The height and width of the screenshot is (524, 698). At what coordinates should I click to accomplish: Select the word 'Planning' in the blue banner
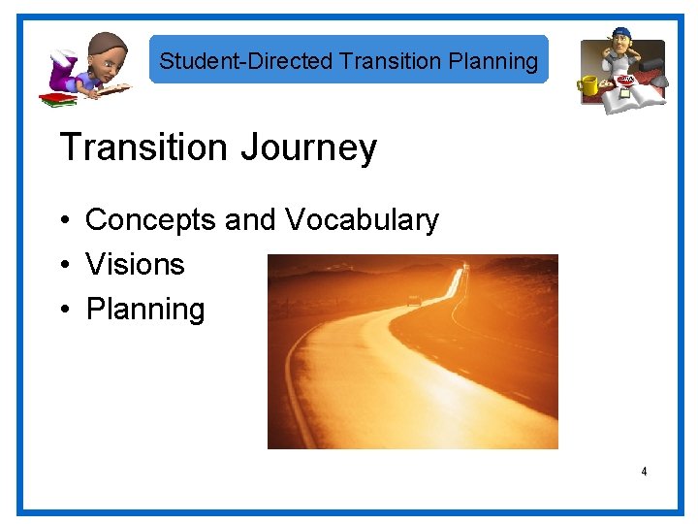pyautogui.click(x=493, y=61)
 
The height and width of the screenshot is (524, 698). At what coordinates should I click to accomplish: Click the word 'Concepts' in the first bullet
pyautogui.click(x=151, y=220)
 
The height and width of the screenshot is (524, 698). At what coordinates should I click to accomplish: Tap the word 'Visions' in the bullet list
pyautogui.click(x=135, y=264)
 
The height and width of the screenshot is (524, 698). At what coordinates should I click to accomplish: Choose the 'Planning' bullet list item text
pyautogui.click(x=145, y=310)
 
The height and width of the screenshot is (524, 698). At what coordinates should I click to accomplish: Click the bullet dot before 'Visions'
pyautogui.click(x=64, y=265)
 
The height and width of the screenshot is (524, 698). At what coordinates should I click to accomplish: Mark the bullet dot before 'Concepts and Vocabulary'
pyautogui.click(x=64, y=221)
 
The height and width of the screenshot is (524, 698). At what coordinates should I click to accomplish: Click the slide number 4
pyautogui.click(x=643, y=472)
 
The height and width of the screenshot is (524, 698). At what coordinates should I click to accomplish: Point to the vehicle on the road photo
pyautogui.click(x=414, y=301)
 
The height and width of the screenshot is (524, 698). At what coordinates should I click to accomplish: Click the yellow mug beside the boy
pyautogui.click(x=589, y=87)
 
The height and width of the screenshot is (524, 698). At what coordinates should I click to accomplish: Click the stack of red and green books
pyautogui.click(x=57, y=99)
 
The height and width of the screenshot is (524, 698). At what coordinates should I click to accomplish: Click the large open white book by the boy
pyautogui.click(x=641, y=97)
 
